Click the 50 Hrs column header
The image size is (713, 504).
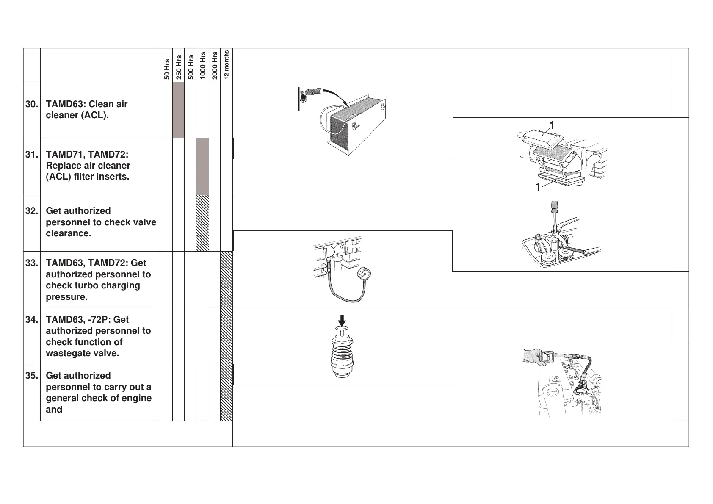(167, 69)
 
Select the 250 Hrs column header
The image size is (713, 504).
(179, 67)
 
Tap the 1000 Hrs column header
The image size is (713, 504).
(203, 65)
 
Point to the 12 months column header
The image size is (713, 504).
(227, 64)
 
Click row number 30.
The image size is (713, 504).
(32, 104)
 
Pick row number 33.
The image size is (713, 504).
(32, 263)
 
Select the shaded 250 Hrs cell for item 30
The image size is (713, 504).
(179, 110)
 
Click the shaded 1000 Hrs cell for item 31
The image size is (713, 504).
(203, 166)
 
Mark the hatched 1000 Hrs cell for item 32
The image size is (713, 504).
(203, 223)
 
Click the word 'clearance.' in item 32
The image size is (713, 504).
(68, 233)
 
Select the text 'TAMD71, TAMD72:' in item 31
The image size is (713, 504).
(87, 155)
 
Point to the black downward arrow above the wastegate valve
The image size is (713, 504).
(342, 321)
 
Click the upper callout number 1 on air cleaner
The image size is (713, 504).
(551, 125)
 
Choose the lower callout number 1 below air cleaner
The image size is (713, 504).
(538, 187)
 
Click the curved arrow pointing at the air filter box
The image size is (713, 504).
(335, 96)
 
